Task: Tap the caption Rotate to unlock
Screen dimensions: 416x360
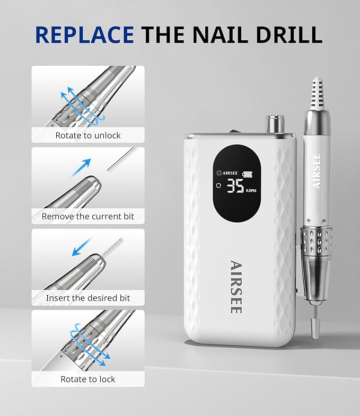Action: [88, 135]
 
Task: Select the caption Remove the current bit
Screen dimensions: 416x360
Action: [88, 216]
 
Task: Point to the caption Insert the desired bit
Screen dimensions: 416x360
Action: [88, 298]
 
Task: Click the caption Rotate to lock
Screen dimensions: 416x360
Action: [88, 379]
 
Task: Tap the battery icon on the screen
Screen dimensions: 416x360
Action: [248, 173]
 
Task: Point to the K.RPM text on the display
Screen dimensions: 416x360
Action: [251, 190]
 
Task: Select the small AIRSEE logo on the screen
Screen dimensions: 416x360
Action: [227, 173]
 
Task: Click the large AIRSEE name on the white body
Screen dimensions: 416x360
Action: [236, 286]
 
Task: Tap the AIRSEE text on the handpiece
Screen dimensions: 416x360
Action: [317, 171]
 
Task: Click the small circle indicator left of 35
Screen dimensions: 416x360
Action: [218, 186]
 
